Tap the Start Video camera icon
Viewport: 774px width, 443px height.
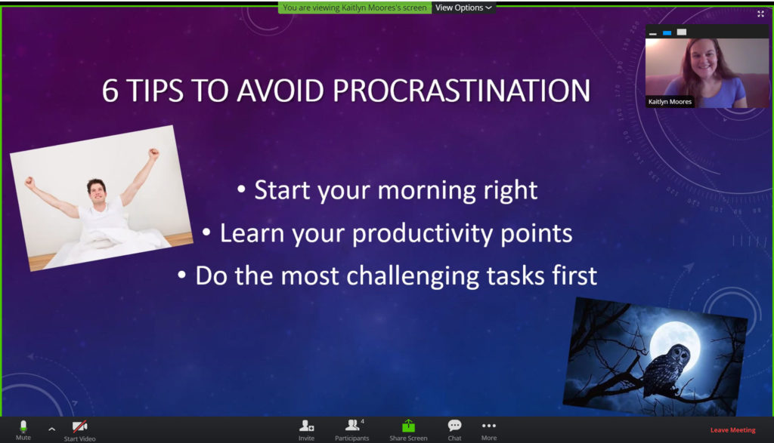pyautogui.click(x=79, y=426)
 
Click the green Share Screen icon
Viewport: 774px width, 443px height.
pyautogui.click(x=408, y=426)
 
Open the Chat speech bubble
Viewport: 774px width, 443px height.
pyautogui.click(x=454, y=425)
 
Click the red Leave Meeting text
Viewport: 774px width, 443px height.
pyautogui.click(x=732, y=430)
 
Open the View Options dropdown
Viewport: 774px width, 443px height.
pyautogui.click(x=463, y=8)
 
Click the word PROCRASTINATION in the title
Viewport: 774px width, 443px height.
pyautogui.click(x=461, y=91)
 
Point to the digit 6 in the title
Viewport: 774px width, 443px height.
pyautogui.click(x=110, y=91)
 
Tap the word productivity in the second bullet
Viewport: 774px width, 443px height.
pyautogui.click(x=423, y=233)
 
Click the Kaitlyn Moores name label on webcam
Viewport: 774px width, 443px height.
pyautogui.click(x=670, y=102)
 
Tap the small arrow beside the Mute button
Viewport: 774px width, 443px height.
pyautogui.click(x=52, y=429)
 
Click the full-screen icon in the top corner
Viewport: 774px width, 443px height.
pyautogui.click(x=760, y=14)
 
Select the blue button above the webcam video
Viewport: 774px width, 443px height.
pyautogui.click(x=667, y=33)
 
